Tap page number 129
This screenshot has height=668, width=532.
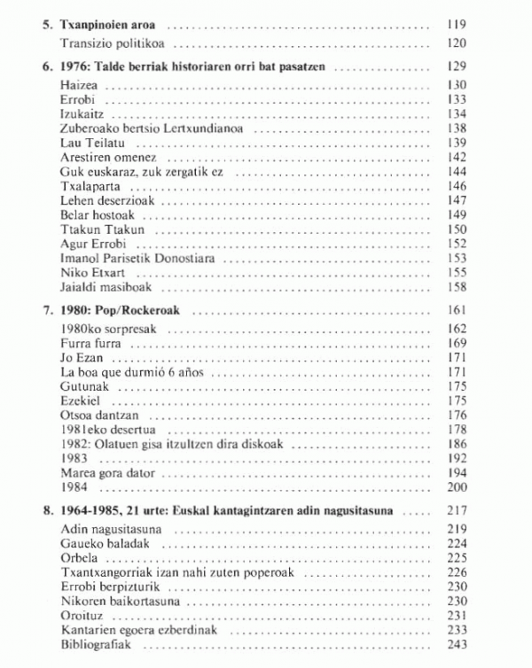click(x=457, y=66)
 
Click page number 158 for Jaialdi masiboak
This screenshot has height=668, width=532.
click(x=457, y=288)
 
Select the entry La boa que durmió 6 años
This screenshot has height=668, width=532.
click(x=130, y=371)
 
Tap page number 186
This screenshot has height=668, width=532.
click(x=457, y=444)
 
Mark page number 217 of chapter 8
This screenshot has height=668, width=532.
click(x=457, y=512)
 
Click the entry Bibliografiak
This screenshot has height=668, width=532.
click(x=96, y=644)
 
